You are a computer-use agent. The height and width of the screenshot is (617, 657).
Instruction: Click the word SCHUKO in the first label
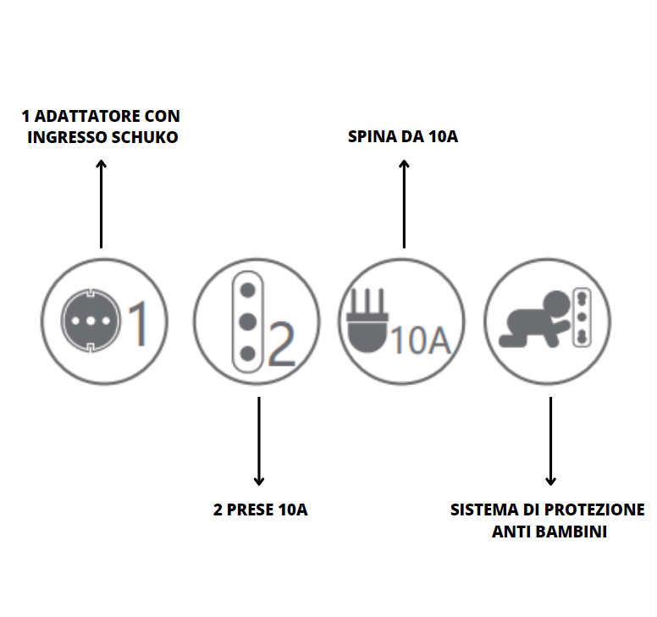pyautogui.click(x=145, y=137)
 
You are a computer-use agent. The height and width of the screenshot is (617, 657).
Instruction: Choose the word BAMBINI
pyautogui.click(x=571, y=532)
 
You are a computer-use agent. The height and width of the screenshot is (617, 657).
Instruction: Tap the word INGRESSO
pyautogui.click(x=67, y=137)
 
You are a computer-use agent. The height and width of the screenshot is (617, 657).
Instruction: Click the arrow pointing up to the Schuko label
pyautogui.click(x=101, y=204)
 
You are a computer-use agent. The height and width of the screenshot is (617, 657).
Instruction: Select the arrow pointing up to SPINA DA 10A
pyautogui.click(x=404, y=204)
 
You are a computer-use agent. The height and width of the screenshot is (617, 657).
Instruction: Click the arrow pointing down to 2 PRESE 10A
pyautogui.click(x=259, y=441)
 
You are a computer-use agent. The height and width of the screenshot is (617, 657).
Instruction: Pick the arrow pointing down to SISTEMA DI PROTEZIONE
pyautogui.click(x=550, y=441)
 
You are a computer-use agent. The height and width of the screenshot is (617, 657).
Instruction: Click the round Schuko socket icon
pyautogui.click(x=91, y=321)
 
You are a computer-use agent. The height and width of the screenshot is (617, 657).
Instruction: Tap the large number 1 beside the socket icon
pyautogui.click(x=138, y=323)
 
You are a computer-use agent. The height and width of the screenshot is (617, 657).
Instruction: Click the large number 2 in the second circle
pyautogui.click(x=282, y=344)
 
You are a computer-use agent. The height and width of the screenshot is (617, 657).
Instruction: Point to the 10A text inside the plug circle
pyautogui.click(x=420, y=340)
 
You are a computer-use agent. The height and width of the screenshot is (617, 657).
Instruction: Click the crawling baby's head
pyautogui.click(x=556, y=305)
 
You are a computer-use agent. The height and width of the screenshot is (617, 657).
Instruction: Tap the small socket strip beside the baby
pyautogui.click(x=582, y=317)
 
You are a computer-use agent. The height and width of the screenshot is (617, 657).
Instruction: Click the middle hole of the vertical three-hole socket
pyautogui.click(x=247, y=322)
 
